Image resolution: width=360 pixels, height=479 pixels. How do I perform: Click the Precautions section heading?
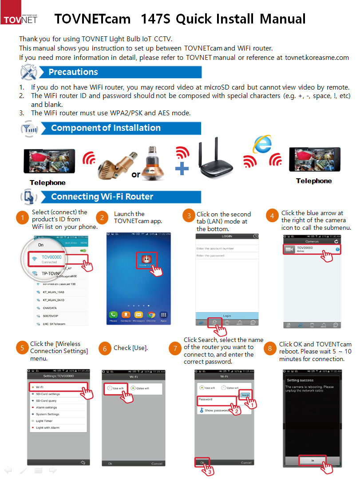pyautogui.click(x=73, y=72)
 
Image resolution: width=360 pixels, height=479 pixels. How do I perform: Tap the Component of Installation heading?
pyautogui.click(x=106, y=128)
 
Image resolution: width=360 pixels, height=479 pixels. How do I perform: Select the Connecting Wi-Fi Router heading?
pyautogui.click(x=102, y=196)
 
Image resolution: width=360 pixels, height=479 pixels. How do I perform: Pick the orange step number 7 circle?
pyautogui.click(x=175, y=349)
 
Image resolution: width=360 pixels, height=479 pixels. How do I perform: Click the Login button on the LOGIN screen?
pyautogui.click(x=227, y=316)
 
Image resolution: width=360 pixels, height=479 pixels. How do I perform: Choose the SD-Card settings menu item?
pyautogui.click(x=48, y=394)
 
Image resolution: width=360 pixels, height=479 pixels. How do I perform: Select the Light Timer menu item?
pyautogui.click(x=44, y=421)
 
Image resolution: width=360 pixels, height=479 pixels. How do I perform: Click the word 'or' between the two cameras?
pyautogui.click(x=136, y=174)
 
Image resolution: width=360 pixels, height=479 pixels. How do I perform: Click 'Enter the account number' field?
pyautogui.click(x=227, y=248)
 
